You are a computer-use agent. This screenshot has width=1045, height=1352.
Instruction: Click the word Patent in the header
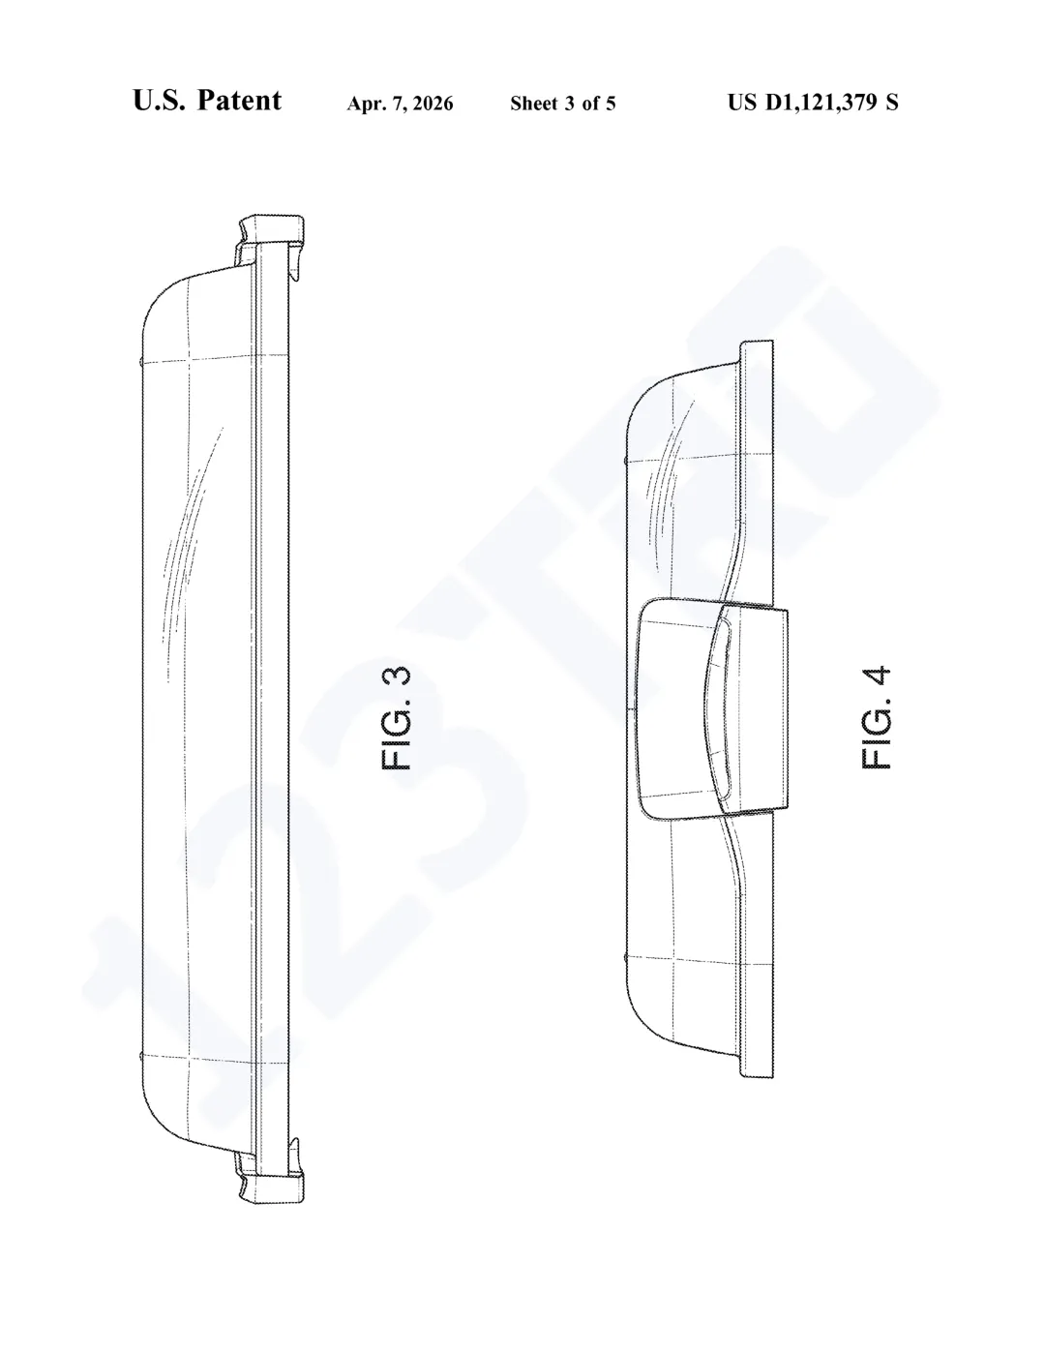tap(240, 101)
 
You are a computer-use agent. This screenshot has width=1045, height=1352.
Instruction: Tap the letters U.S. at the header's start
tap(160, 101)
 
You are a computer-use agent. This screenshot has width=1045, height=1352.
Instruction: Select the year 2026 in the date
tap(433, 104)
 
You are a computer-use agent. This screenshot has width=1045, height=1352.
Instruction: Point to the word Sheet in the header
tap(534, 104)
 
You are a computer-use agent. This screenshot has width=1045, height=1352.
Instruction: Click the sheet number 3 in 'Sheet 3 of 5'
tap(570, 104)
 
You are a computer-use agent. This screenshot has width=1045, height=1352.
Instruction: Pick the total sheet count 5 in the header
tap(611, 104)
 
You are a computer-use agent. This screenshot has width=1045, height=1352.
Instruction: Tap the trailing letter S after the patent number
tap(892, 103)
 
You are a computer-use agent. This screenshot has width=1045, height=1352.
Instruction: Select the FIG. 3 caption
tap(396, 718)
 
